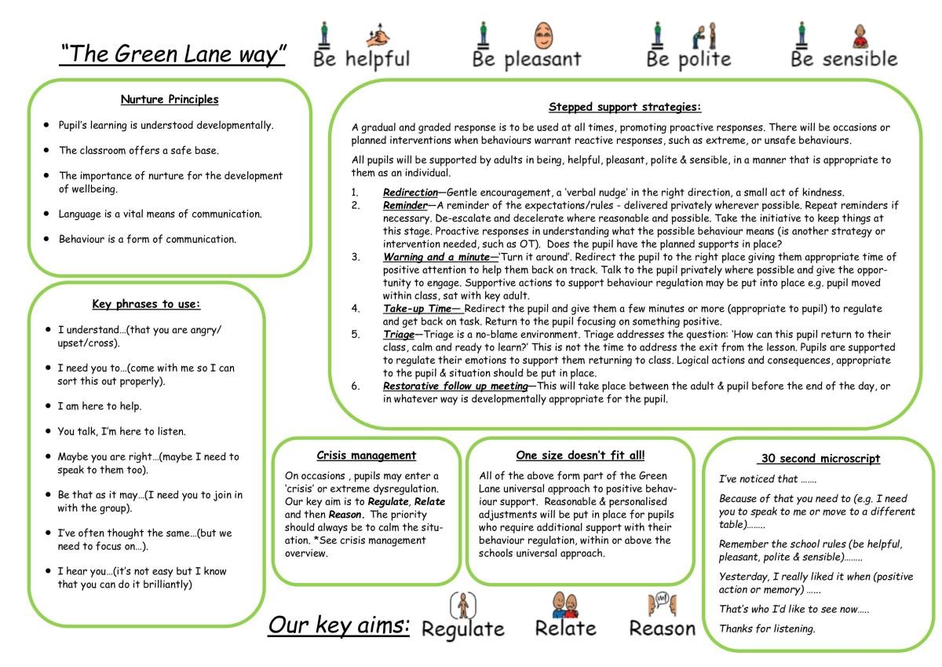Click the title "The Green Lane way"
coord(173,54)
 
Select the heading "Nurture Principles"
coord(170,100)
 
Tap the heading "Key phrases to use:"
coord(147,305)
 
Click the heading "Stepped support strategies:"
coord(625,108)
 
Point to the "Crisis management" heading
coord(367,456)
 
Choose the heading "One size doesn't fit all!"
coord(580,456)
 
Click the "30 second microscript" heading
coord(820,459)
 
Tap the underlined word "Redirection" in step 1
coord(410,192)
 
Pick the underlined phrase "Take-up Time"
coord(418,309)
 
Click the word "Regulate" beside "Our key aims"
coord(462,629)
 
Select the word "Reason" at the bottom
coord(662,629)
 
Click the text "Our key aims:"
coord(339,625)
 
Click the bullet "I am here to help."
coord(100,406)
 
